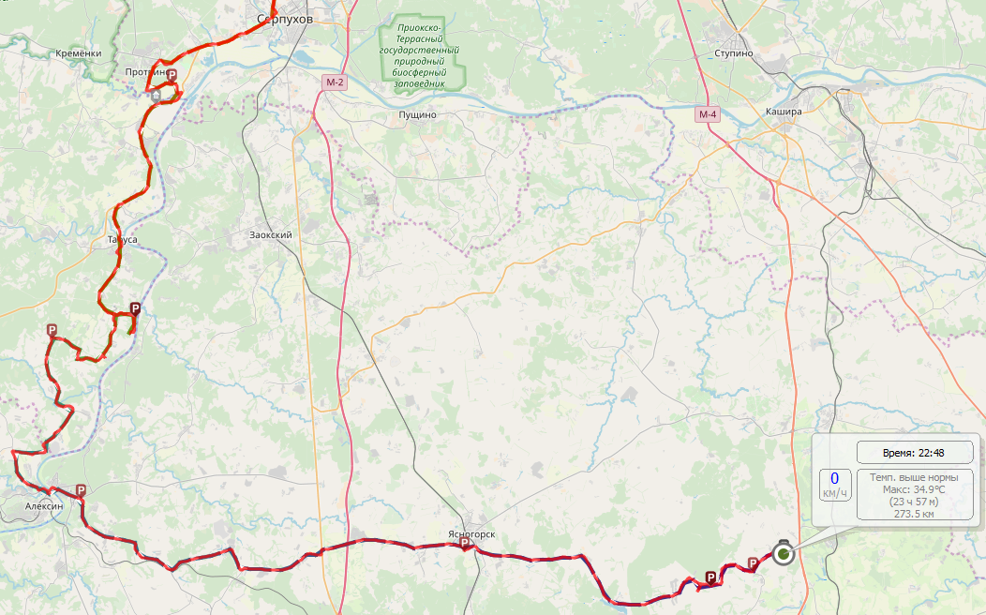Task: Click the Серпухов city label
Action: [285, 19]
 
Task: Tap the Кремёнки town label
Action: [79, 53]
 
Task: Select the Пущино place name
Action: [417, 115]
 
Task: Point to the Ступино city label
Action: [733, 53]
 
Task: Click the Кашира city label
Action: [784, 112]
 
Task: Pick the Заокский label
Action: [271, 235]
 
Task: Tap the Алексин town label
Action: [45, 506]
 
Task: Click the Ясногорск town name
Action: [471, 534]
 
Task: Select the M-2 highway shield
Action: [335, 82]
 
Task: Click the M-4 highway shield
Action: [708, 114]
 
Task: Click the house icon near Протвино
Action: [156, 95]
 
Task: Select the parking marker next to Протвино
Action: [172, 74]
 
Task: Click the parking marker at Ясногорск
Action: [463, 543]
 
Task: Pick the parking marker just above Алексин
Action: [82, 490]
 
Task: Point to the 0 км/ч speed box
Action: [834, 485]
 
